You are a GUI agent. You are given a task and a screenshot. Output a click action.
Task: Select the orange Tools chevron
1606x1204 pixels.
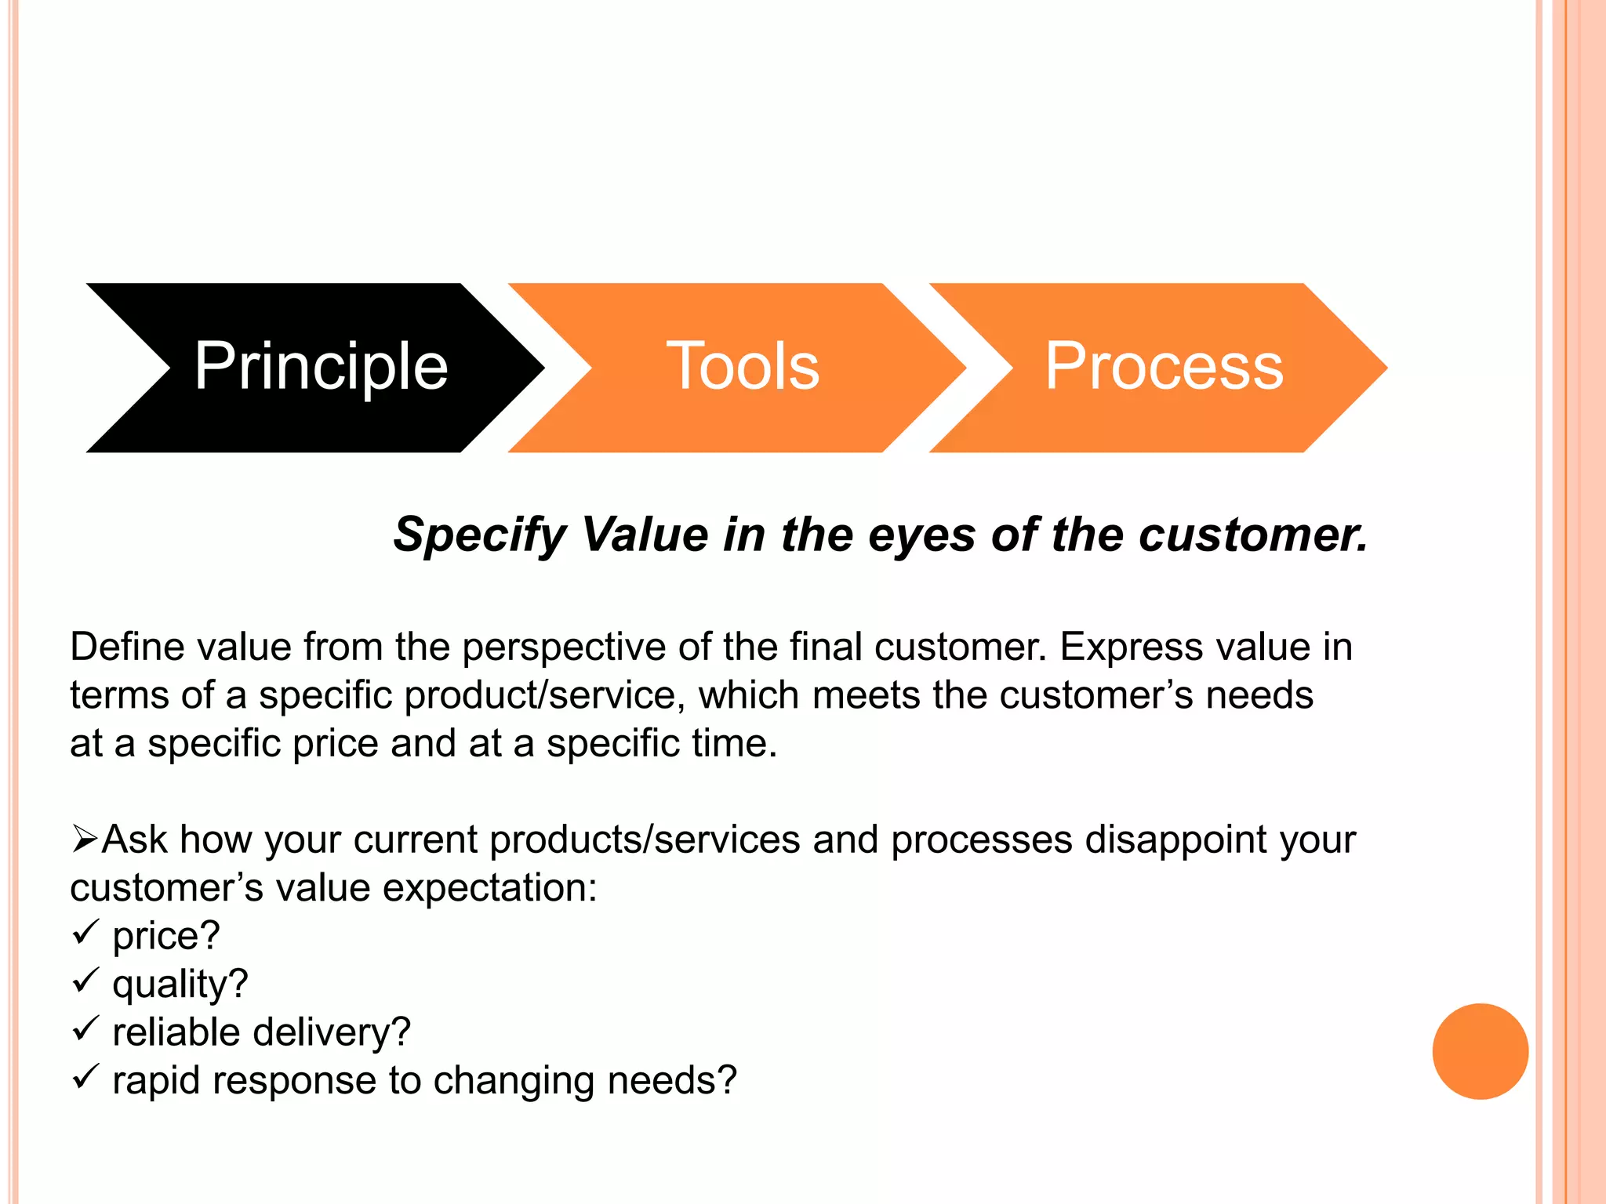coord(742,367)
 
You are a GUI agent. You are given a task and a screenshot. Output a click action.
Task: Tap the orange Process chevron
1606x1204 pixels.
coord(1164,367)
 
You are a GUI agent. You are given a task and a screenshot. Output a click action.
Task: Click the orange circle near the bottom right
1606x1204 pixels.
coord(1480,1051)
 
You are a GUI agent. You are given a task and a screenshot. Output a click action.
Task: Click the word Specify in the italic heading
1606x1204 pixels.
coord(479,536)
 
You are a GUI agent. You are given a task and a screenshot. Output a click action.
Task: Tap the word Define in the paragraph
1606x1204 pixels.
coord(126,647)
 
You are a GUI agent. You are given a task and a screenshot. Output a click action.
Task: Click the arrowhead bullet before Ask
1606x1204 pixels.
coord(84,840)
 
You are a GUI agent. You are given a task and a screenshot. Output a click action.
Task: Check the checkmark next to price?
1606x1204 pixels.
coord(85,933)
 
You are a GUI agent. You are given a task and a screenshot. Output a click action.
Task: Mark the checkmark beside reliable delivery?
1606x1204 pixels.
coord(85,1029)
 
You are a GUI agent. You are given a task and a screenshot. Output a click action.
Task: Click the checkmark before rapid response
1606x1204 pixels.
coord(85,1077)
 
